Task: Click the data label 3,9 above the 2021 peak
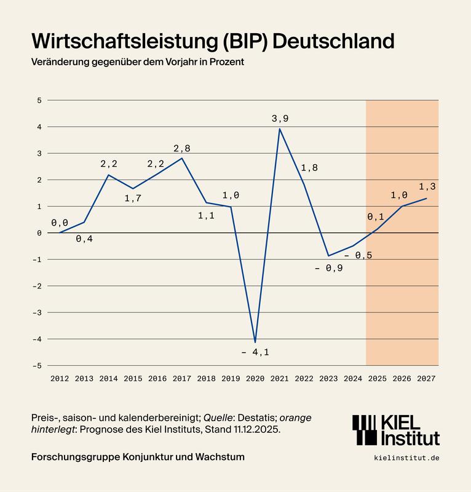pos(280,117)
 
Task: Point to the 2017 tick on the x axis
pos(182,379)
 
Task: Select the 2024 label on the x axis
pos(353,379)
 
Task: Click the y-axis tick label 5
pos(39,100)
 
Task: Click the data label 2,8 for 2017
pos(182,148)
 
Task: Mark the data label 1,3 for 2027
pos(427,186)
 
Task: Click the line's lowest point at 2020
pos(255,342)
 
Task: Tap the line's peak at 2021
pos(280,129)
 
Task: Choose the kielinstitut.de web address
pos(406,458)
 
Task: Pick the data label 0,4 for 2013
pos(84,239)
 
